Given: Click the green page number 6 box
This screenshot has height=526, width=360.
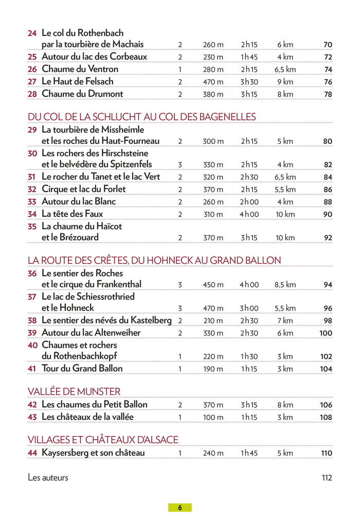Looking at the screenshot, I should [180, 507].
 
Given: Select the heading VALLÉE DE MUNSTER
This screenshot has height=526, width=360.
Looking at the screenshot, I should [74, 391].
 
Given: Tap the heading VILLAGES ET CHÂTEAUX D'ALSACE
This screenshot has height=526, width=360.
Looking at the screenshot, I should [103, 440].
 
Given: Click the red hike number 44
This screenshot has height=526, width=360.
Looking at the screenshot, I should [32, 453].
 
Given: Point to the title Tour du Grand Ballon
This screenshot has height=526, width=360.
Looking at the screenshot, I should [82, 368].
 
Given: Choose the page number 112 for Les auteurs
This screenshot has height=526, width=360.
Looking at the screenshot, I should [327, 478].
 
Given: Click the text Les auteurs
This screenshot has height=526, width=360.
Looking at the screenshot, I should [48, 478].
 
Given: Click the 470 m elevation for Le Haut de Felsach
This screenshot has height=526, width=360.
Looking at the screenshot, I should [213, 82].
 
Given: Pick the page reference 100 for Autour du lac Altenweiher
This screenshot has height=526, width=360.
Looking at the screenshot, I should [326, 333].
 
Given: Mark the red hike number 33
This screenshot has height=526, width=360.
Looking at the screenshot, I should [32, 202].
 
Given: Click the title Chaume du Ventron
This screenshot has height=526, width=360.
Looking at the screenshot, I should [80, 69].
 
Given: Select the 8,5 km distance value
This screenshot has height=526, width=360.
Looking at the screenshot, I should [285, 285].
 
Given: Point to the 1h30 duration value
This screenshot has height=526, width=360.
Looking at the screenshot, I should [249, 356].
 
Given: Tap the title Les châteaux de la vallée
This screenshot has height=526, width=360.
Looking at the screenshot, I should [87, 416].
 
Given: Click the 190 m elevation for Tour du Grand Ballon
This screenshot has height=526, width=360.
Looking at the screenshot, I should [213, 369].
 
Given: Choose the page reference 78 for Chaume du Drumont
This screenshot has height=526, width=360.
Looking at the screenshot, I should [328, 95].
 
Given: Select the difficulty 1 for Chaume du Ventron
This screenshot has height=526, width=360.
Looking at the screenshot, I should [180, 69].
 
